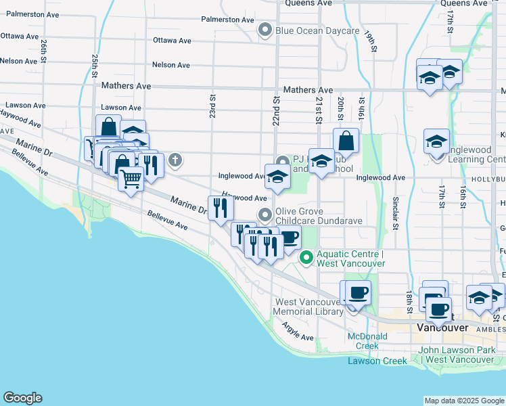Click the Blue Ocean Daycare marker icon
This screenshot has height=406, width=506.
click(x=265, y=30)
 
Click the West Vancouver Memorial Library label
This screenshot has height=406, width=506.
click(x=308, y=307)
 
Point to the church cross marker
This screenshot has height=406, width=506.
click(x=175, y=160)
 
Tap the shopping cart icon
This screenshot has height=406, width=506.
click(x=131, y=179)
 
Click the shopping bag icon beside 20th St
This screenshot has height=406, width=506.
click(x=346, y=141)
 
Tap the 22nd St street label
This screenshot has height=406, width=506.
click(x=276, y=108)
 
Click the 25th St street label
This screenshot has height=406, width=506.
click(x=95, y=66)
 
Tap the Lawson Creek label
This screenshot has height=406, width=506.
click(x=377, y=361)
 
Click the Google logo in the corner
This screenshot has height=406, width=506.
click(x=22, y=398)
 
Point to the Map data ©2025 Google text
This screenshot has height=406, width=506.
click(x=463, y=401)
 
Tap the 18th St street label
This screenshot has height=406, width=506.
click(x=410, y=298)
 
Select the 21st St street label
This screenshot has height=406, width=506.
click(x=318, y=108)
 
